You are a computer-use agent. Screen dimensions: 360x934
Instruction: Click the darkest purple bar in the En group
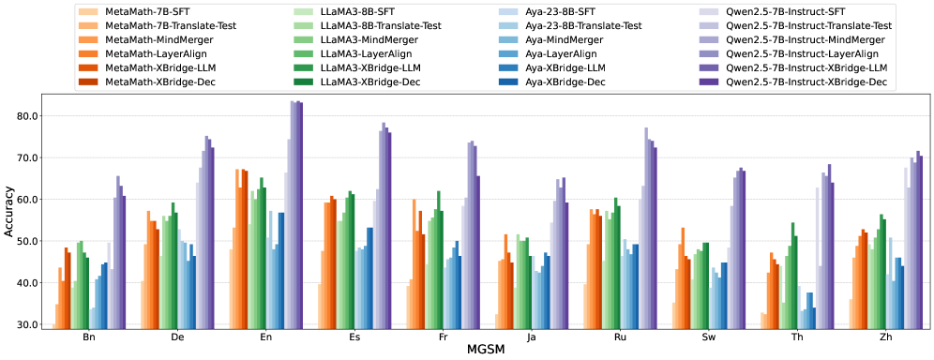[x=301, y=215]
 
